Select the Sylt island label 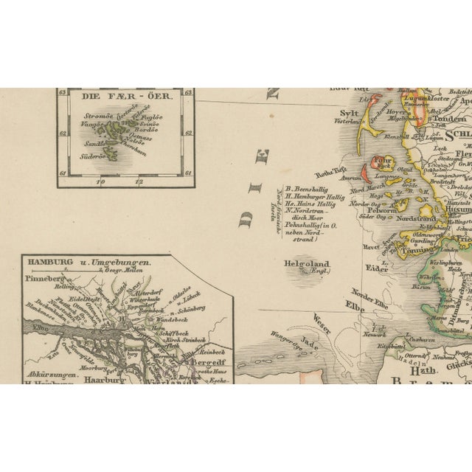350,113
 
